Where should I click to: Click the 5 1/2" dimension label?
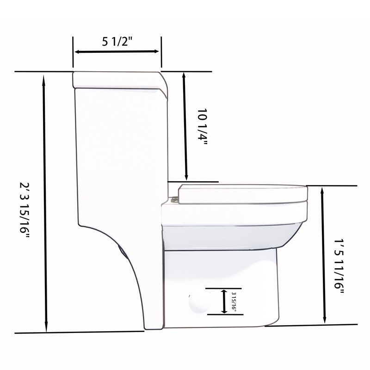(x=117, y=42)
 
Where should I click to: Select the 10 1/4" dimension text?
(x=202, y=126)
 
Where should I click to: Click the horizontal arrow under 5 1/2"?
(x=117, y=52)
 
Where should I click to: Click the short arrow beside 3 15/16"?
(x=224, y=301)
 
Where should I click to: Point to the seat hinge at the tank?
(x=174, y=199)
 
